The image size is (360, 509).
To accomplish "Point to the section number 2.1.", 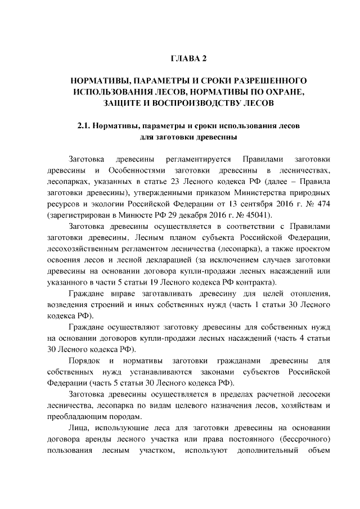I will click(84, 125).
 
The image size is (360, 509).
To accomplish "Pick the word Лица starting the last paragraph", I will click(77, 429).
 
